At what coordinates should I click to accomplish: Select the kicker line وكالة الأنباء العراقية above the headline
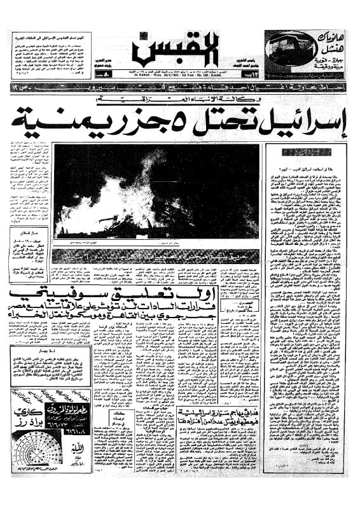tap(197, 101)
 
